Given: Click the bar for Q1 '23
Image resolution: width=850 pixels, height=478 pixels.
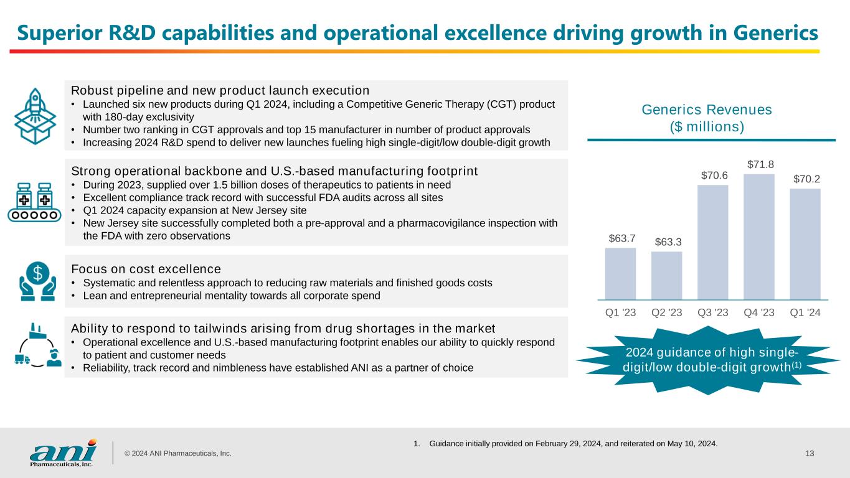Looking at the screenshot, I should coord(620,274).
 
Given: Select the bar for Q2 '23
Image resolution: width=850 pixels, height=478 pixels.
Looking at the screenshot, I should coord(666,276).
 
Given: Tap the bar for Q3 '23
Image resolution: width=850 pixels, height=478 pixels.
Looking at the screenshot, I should coord(712,242).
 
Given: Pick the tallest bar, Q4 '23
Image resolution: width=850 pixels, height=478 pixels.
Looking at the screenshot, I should coord(758,237).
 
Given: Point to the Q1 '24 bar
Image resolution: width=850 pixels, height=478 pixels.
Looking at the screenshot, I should coord(805,244).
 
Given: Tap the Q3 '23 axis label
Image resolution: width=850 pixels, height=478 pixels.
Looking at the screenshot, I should coord(712,312).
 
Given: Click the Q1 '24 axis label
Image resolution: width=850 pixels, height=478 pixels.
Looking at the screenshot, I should coord(805,312).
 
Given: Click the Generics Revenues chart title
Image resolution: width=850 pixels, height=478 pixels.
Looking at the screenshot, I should coord(706,118).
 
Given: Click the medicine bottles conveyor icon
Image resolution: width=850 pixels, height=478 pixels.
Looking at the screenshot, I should coord(35,202).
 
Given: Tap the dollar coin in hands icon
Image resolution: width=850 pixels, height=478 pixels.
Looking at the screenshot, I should coord(37,280).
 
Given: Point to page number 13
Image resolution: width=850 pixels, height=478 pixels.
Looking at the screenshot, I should coord(810,453).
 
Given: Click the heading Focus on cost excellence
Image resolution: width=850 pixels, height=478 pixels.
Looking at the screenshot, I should coord(146,269).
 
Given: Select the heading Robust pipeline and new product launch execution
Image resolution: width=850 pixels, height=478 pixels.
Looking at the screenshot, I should coord(220,90).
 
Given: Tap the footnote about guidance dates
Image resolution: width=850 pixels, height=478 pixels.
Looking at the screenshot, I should coord(565,444).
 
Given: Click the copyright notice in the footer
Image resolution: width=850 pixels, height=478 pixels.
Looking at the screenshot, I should coord(177,454).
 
